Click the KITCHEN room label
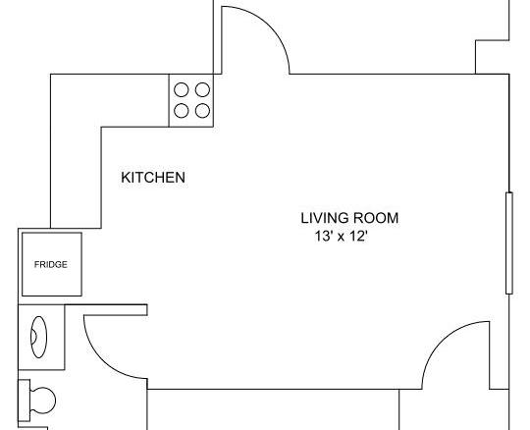[x=153, y=178]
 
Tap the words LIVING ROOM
[x=349, y=218]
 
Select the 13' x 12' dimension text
[x=341, y=236]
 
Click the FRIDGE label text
[x=51, y=264]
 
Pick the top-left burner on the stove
[x=182, y=90]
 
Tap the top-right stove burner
[x=202, y=90]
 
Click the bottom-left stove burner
[x=182, y=111]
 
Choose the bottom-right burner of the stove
[x=202, y=111]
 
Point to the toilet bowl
[x=43, y=401]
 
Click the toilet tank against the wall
[x=24, y=401]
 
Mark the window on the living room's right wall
[x=509, y=243]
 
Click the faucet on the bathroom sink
[x=33, y=337]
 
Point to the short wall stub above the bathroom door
[x=106, y=310]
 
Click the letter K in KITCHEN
[x=126, y=178]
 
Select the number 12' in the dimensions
[x=358, y=236]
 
